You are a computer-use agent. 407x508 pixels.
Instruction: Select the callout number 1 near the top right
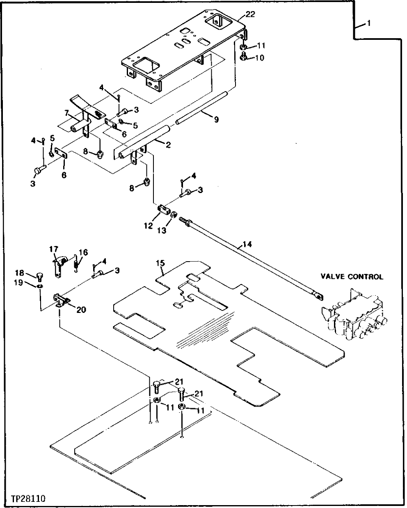coord(369,24)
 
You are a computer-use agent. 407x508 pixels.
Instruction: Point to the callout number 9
coord(216,120)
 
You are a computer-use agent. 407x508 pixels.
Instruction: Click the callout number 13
coord(162,231)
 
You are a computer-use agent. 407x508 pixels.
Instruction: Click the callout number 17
coord(54,249)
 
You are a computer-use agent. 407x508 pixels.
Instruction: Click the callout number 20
coord(81,310)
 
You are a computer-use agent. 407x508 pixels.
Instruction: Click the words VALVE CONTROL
coord(352,277)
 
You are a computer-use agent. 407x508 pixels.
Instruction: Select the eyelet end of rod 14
coord(317,294)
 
